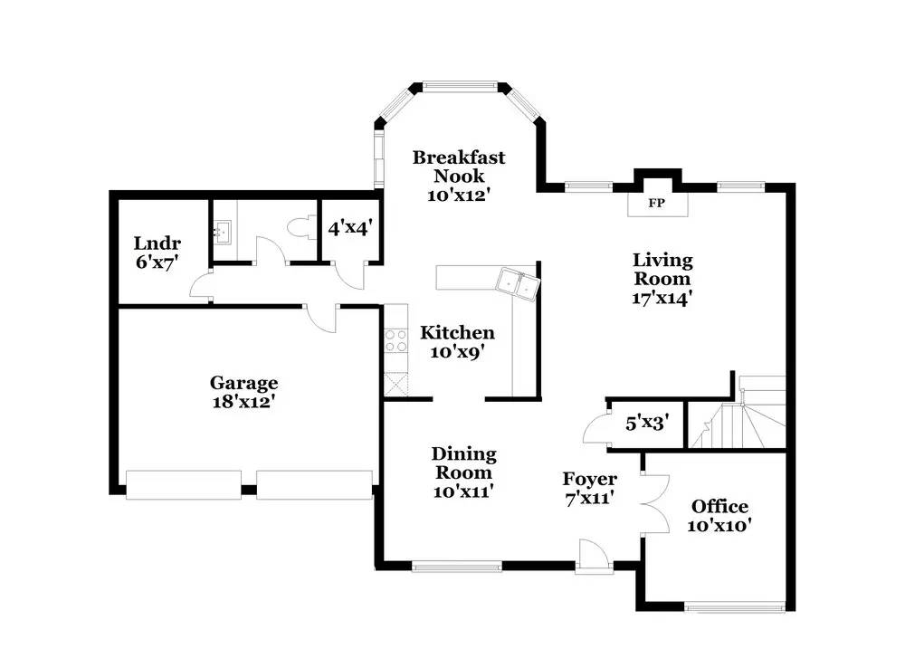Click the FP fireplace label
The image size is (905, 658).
(x=656, y=203)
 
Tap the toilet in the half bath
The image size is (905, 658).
(x=301, y=228)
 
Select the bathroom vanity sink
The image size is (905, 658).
(x=223, y=232)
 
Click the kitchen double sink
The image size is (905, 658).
(x=518, y=283)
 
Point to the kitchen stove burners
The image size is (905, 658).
(x=396, y=340)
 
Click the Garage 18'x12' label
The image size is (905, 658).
(x=243, y=392)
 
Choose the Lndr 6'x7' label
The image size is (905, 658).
(x=157, y=253)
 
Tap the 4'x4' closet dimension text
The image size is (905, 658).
(x=350, y=229)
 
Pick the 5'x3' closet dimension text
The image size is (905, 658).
(x=647, y=424)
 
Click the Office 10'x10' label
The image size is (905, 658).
(x=719, y=516)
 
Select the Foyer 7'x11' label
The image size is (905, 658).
(x=589, y=489)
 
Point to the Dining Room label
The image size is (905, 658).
(x=463, y=472)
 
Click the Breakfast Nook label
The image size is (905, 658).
(x=459, y=176)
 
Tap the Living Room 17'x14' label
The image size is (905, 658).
(x=662, y=279)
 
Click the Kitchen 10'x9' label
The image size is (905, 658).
(x=457, y=342)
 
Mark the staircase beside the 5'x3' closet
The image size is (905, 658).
(x=738, y=412)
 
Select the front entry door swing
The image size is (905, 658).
(x=594, y=556)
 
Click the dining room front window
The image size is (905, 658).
(x=456, y=567)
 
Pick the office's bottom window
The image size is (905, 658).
(x=734, y=606)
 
